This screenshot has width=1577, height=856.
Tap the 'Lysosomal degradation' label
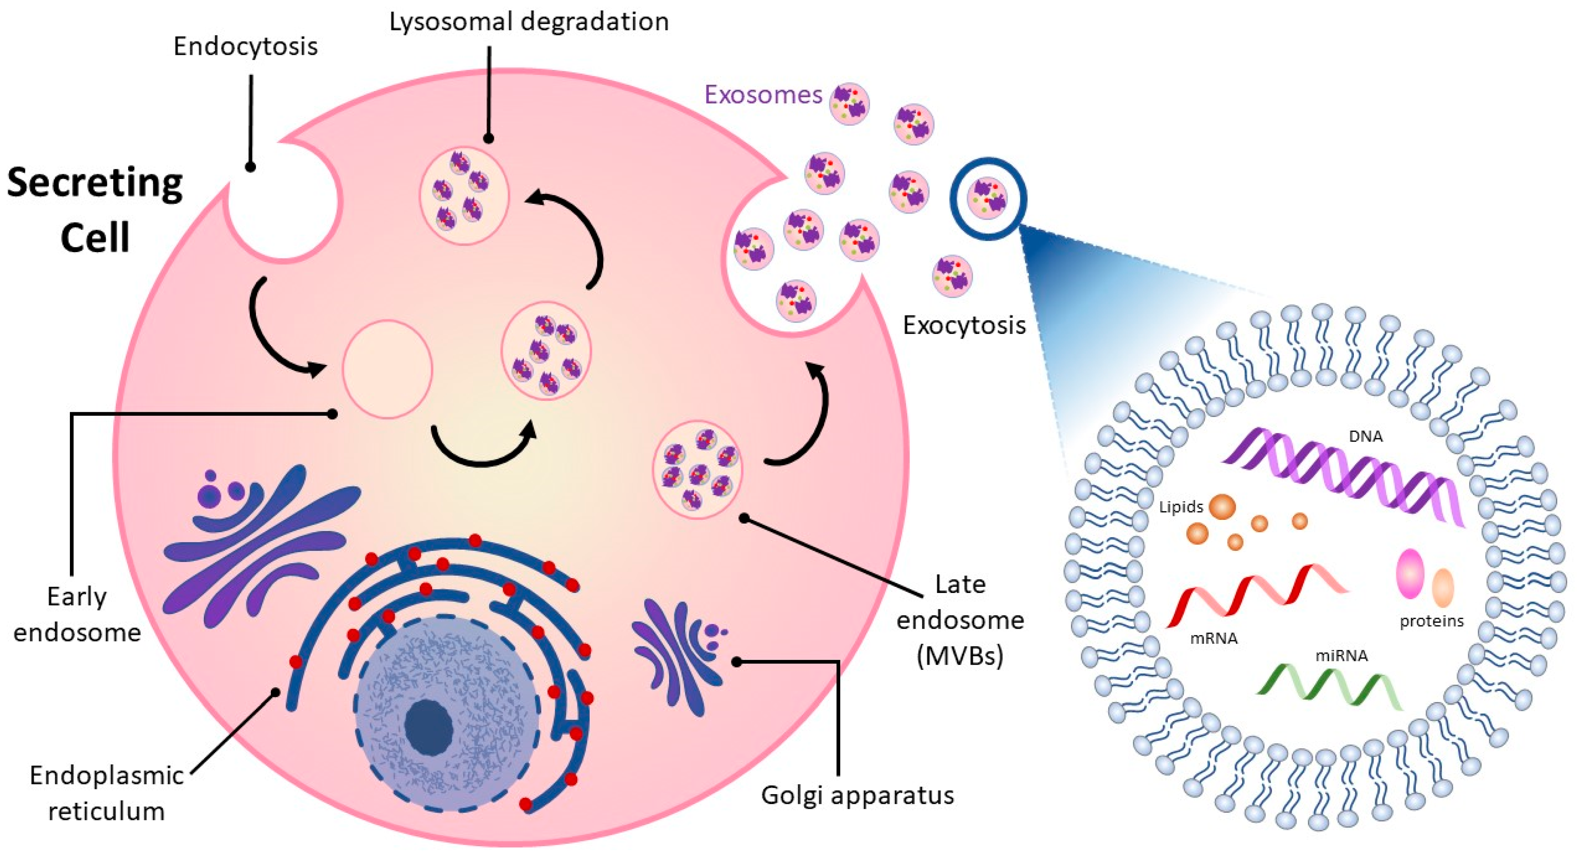coord(529,22)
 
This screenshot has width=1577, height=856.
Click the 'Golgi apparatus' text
coord(857,795)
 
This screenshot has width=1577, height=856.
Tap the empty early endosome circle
coord(388,370)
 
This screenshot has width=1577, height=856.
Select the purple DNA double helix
coord(1341,477)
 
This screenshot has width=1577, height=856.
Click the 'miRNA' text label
coord(1341,656)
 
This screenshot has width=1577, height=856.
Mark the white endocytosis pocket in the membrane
coord(283,202)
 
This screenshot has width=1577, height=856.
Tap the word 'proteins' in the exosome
coord(1431,621)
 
